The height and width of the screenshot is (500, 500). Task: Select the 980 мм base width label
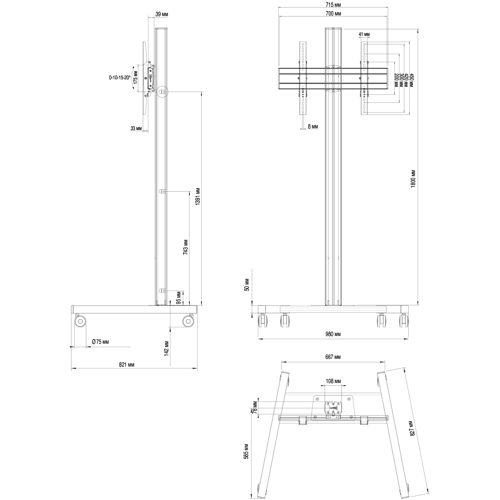(333, 334)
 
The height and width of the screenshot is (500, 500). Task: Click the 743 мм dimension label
(185, 247)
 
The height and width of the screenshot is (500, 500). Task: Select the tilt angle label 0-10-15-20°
(120, 78)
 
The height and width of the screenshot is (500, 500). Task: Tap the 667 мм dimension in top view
(333, 357)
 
